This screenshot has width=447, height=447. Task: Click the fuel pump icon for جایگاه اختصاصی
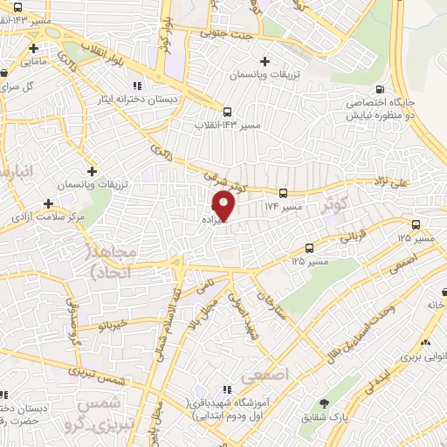click(379, 89)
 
